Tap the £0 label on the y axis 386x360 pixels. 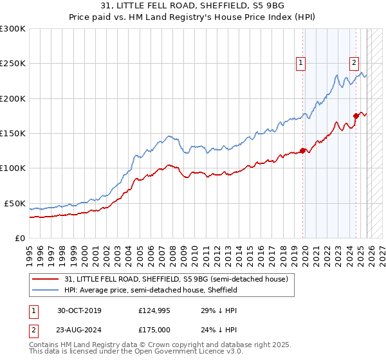(21, 238)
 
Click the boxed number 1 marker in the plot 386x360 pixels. (301, 62)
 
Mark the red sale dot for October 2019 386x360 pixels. (303, 151)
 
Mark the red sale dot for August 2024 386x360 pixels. (356, 116)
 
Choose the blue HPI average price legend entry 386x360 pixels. (151, 290)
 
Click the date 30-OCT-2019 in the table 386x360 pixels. (79, 310)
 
